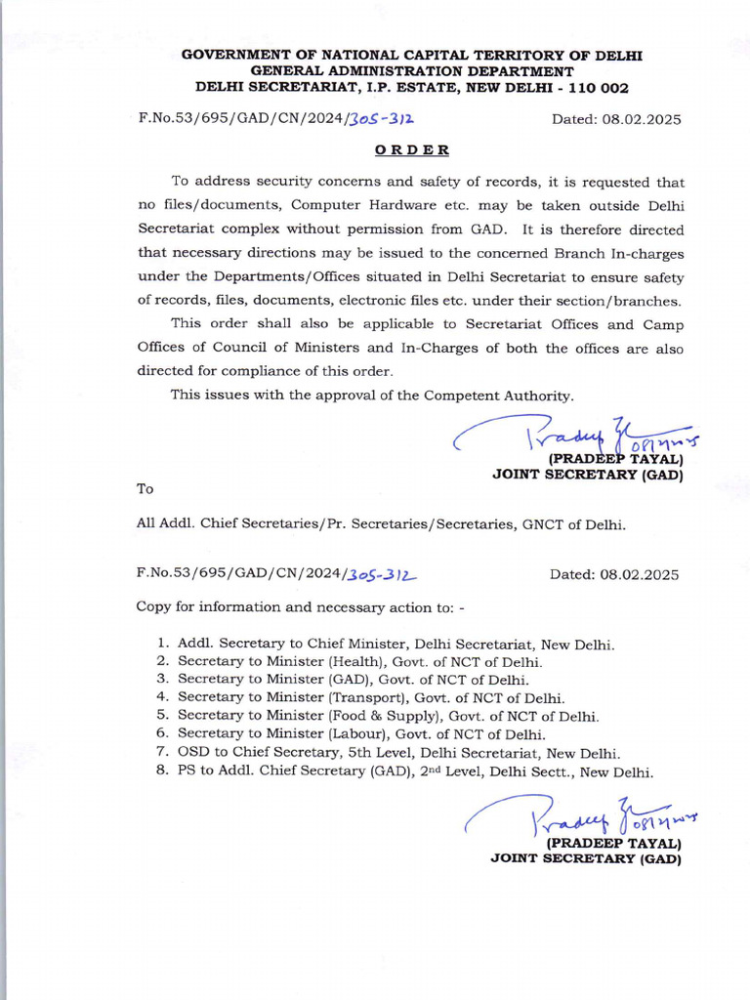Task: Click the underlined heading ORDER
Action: pos(412,150)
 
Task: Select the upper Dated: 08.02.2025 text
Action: pos(615,119)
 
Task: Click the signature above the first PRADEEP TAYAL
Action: pos(571,433)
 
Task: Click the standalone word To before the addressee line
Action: pos(145,488)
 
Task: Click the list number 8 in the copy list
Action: pos(161,771)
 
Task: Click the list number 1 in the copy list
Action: pos(161,645)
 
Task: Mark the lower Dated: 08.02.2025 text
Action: pos(615,574)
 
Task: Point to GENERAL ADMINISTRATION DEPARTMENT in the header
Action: pos(412,71)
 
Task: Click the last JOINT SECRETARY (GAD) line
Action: pos(585,859)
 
